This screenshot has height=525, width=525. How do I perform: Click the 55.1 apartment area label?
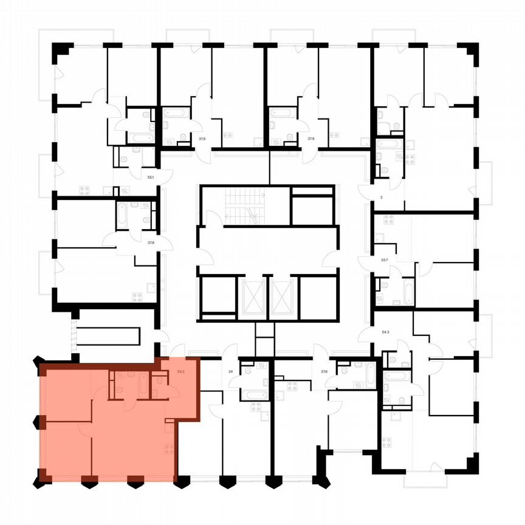151,177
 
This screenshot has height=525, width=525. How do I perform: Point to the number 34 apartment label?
231,370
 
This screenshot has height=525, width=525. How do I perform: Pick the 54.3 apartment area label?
385,332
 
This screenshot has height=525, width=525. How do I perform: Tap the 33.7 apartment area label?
383,258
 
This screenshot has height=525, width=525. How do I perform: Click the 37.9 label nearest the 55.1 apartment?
202,139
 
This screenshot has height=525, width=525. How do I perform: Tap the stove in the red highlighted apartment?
168,450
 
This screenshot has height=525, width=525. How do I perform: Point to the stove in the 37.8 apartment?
137,297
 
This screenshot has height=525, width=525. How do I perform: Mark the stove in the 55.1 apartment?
84,190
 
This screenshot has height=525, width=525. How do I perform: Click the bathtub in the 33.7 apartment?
408,292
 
